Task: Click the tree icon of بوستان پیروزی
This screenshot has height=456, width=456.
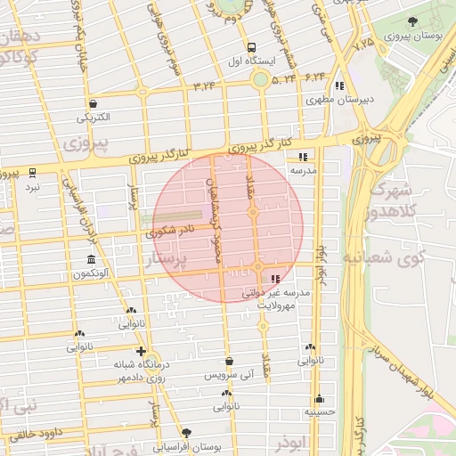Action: point(411,22)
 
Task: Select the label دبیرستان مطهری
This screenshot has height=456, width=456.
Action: point(338,100)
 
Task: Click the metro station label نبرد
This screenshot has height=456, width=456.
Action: point(32,186)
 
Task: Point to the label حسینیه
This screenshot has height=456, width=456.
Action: point(319,412)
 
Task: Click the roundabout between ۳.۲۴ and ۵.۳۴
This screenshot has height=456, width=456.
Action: point(260,81)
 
